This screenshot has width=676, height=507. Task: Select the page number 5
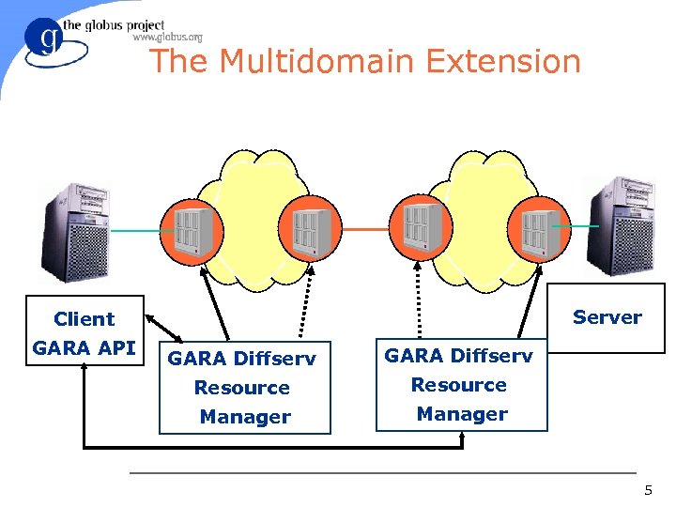click(x=647, y=491)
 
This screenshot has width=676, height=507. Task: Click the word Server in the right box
click(x=607, y=317)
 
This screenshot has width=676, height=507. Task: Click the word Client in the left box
click(x=84, y=319)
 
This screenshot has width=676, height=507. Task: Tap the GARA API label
click(x=84, y=348)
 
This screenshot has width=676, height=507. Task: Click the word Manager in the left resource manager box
click(x=245, y=417)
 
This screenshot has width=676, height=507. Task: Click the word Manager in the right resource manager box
click(x=462, y=414)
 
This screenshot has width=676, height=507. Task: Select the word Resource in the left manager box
click(x=242, y=388)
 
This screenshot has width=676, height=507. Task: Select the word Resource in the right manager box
click(x=459, y=385)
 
